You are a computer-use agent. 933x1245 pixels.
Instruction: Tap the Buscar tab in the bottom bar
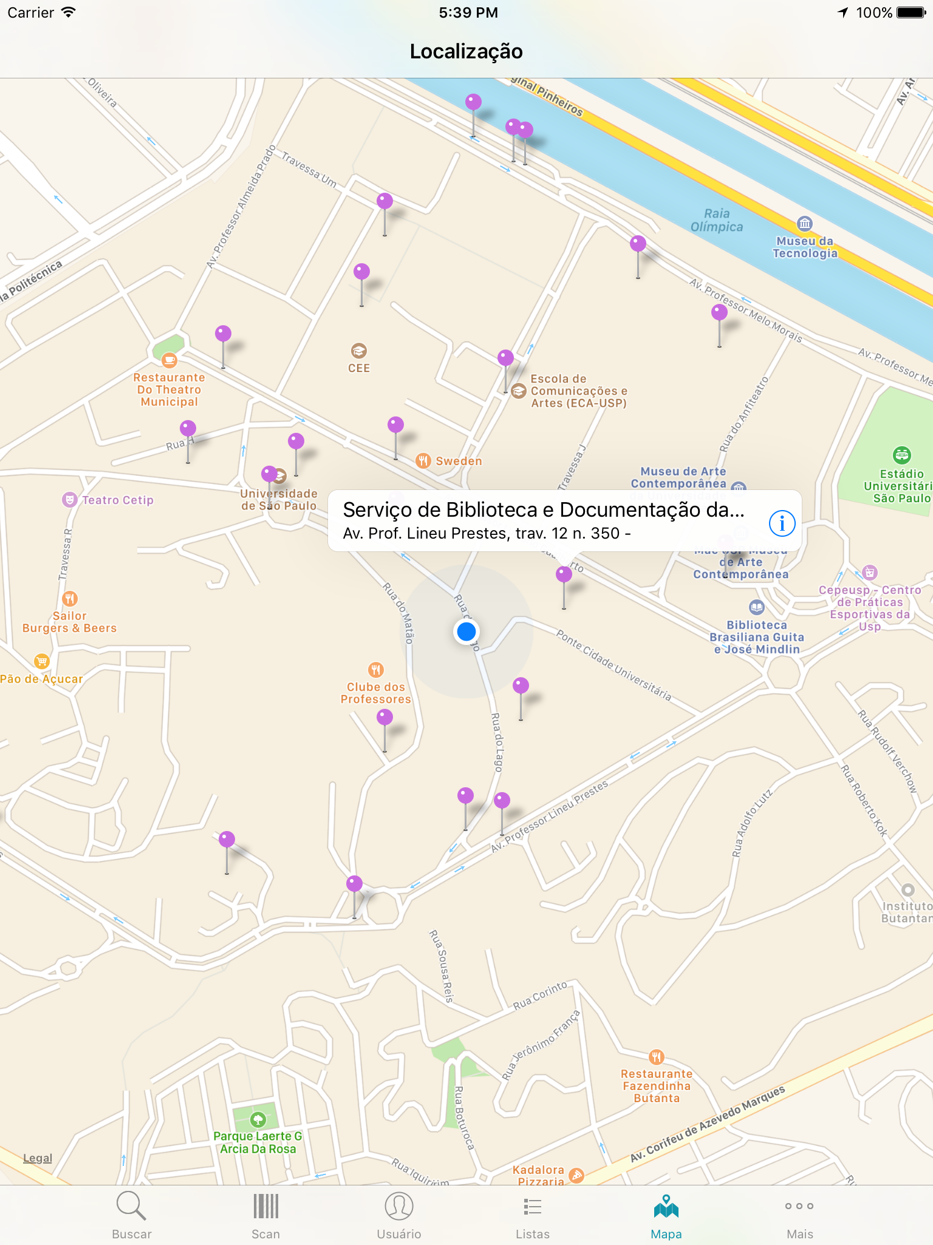131,1214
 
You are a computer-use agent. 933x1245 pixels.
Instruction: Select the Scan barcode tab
265,1214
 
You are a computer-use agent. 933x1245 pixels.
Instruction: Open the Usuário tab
398,1214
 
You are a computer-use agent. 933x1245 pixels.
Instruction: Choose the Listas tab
532,1214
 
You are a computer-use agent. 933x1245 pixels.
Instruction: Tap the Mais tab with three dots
799,1214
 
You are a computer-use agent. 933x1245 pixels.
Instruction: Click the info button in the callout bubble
782,523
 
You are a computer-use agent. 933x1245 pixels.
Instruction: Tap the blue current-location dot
466,632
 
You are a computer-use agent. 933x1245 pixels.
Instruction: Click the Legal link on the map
38,1158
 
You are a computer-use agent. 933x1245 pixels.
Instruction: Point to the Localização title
466,51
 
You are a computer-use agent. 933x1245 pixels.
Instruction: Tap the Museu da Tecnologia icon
804,223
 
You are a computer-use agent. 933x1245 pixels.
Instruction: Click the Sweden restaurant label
459,461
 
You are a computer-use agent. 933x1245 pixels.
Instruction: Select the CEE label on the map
359,368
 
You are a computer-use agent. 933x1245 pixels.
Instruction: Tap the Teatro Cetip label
117,500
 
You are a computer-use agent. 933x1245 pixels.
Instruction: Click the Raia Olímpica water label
717,220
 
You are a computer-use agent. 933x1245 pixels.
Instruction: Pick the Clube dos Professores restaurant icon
376,670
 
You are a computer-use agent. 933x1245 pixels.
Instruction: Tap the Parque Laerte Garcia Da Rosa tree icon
258,1119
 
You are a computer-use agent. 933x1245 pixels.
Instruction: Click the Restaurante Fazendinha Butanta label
657,1086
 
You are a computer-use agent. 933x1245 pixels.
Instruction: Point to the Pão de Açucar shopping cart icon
41,661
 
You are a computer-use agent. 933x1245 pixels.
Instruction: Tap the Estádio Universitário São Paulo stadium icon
901,454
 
